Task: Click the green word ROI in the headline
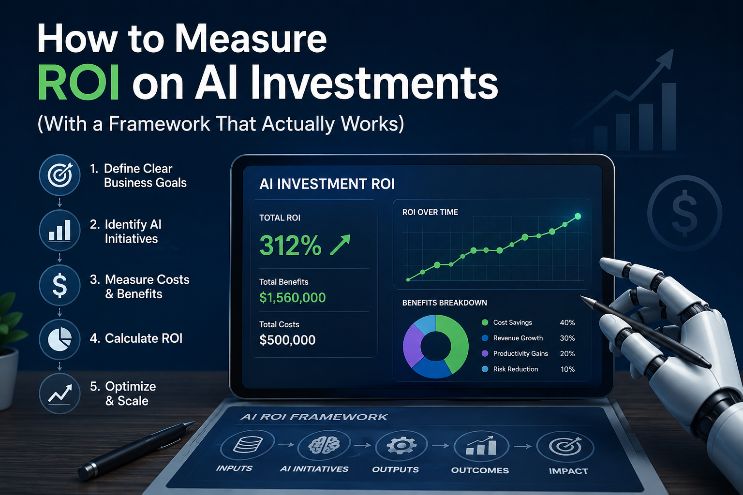click(78, 82)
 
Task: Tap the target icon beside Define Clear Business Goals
click(59, 175)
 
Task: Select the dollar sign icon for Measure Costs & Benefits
click(59, 285)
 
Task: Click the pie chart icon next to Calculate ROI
click(59, 339)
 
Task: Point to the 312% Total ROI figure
click(290, 246)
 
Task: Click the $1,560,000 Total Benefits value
click(292, 297)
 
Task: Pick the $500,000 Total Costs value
click(287, 340)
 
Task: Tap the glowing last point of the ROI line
click(578, 217)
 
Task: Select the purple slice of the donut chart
click(413, 345)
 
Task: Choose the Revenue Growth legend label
click(518, 338)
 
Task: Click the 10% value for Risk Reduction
click(567, 369)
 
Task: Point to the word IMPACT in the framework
click(568, 471)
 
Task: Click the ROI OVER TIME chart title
click(430, 212)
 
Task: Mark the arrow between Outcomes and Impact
click(523, 446)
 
